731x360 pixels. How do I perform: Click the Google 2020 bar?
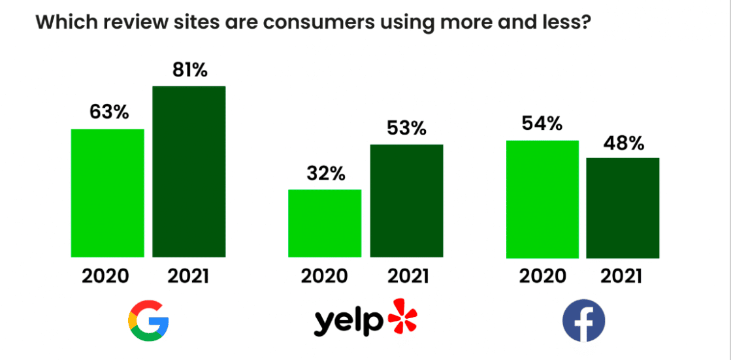[x=107, y=193]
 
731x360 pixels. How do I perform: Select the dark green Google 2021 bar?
[x=189, y=171]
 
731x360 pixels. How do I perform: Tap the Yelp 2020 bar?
[x=325, y=223]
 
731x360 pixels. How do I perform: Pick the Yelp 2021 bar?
[x=406, y=201]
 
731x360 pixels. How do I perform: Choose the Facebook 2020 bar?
[x=542, y=199]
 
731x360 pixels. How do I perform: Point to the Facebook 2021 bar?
[x=623, y=208]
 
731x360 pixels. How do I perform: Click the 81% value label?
[x=189, y=70]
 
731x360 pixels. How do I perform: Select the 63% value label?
[x=108, y=112]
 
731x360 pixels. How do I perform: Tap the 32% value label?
[x=326, y=174]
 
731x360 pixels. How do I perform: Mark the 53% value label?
[x=406, y=128]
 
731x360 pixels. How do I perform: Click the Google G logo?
[x=148, y=321]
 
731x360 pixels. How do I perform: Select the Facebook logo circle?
[x=583, y=321]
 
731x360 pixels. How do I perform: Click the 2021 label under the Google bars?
[x=188, y=276]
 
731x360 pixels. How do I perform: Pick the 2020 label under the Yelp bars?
[x=325, y=276]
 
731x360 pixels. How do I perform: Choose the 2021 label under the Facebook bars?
[x=623, y=276]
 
